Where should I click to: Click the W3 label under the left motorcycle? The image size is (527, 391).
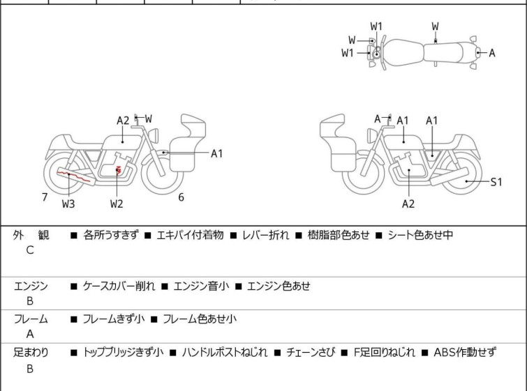(68, 204)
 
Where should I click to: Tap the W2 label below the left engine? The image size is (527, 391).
(117, 204)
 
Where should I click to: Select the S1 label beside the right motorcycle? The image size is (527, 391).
(496, 182)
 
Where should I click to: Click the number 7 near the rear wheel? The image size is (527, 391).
(45, 197)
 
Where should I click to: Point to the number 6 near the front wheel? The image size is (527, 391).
(181, 197)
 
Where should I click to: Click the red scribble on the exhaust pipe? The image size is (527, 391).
(73, 176)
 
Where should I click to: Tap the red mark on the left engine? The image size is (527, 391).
(118, 169)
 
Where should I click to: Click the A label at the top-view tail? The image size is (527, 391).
(492, 53)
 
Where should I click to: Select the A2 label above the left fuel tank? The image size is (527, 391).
(123, 121)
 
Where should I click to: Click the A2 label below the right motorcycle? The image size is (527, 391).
(408, 204)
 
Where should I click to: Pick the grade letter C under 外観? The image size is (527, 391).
(30, 250)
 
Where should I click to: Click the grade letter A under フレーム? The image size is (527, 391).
(30, 334)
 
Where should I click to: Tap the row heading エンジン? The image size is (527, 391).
(31, 286)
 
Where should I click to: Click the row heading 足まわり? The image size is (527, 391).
(31, 353)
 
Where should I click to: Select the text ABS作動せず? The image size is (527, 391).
(465, 353)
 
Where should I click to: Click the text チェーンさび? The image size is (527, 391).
(311, 353)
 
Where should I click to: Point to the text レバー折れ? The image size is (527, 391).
(265, 235)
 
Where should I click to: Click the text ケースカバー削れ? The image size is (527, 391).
(119, 286)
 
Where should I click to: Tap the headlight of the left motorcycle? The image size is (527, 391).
(154, 135)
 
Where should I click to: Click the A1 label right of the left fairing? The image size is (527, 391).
(217, 154)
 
